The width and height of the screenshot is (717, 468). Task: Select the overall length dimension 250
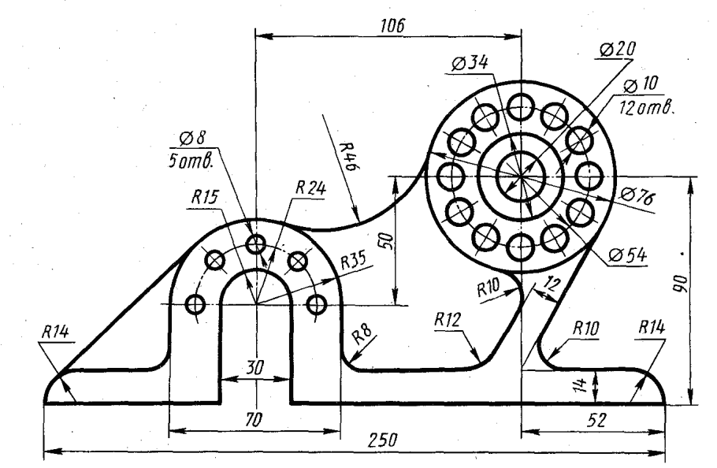point(383,440)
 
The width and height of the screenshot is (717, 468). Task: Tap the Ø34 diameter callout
point(470,63)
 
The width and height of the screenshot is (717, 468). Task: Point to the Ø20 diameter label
point(617,50)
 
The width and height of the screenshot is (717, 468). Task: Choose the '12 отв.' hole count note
point(647,108)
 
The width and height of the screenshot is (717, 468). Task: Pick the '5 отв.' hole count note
point(191,162)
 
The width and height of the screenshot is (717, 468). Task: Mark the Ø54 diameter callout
point(628,255)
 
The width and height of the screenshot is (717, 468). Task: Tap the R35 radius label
point(353,262)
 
